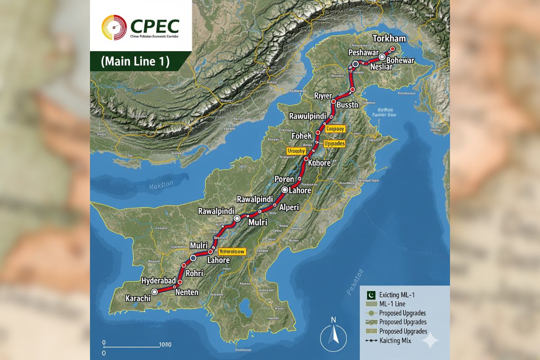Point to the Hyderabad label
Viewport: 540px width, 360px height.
point(159,281)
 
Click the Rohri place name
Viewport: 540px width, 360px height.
point(193,273)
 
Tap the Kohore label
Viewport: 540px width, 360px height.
point(320,163)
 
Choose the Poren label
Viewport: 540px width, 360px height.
point(281,180)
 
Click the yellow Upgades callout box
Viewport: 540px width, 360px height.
point(334,144)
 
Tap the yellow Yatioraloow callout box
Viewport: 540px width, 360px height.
point(232,252)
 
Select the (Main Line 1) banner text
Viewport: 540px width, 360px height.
point(135,62)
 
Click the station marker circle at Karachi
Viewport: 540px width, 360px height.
point(155,292)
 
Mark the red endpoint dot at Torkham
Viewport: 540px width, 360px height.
point(392,49)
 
